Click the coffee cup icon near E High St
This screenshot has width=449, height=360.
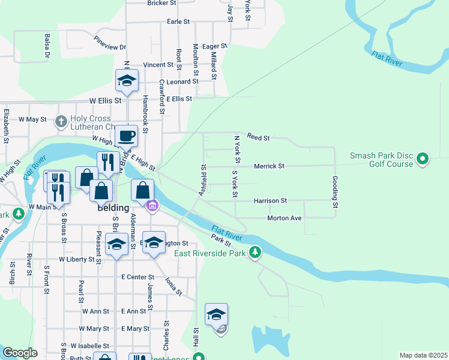(x=127, y=136)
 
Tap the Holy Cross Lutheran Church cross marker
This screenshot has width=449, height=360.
(x=61, y=122)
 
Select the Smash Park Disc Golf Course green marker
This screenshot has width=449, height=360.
(x=423, y=159)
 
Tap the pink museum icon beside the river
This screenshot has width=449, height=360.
(x=153, y=206)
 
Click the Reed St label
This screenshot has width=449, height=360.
(x=258, y=138)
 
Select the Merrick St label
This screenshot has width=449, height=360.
(x=268, y=166)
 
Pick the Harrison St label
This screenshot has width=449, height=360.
(x=270, y=200)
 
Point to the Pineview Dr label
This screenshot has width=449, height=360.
(x=110, y=43)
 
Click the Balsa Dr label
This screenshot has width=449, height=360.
(x=46, y=46)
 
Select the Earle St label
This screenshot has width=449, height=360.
(x=178, y=22)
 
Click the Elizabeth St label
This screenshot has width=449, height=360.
(x=7, y=125)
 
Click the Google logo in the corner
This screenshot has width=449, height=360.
(x=20, y=353)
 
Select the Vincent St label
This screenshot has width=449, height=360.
(x=158, y=65)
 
